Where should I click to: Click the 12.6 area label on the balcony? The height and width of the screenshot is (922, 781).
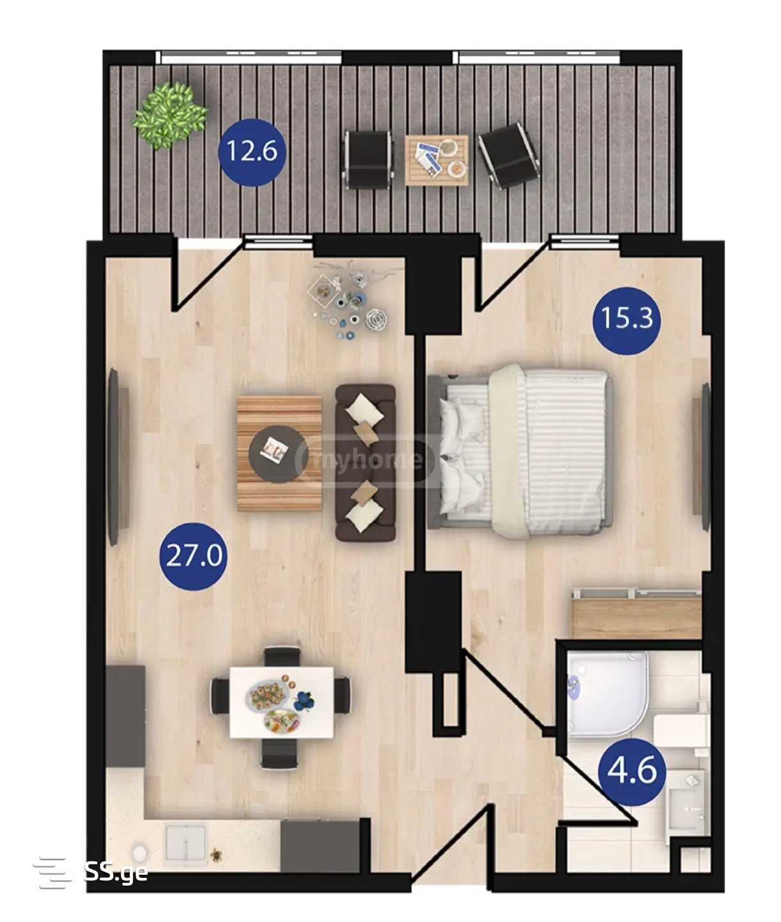(x=252, y=152)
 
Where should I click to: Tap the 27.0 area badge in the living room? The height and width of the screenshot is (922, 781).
(x=193, y=556)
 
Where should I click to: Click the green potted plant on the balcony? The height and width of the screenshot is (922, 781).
(x=170, y=116)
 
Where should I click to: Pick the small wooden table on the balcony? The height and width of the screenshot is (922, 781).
(x=437, y=160)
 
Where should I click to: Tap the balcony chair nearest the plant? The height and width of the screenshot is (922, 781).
(x=368, y=160)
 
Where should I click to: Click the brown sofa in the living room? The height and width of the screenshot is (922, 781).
(x=365, y=462)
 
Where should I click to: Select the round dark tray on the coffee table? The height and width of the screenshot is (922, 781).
(x=278, y=454)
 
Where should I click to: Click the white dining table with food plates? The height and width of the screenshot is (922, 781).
(x=282, y=702)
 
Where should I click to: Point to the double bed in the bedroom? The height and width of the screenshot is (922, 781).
(x=520, y=451)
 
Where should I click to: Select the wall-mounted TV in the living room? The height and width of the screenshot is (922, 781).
(x=118, y=457)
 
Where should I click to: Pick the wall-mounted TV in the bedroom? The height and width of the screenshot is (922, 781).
(x=701, y=457)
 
